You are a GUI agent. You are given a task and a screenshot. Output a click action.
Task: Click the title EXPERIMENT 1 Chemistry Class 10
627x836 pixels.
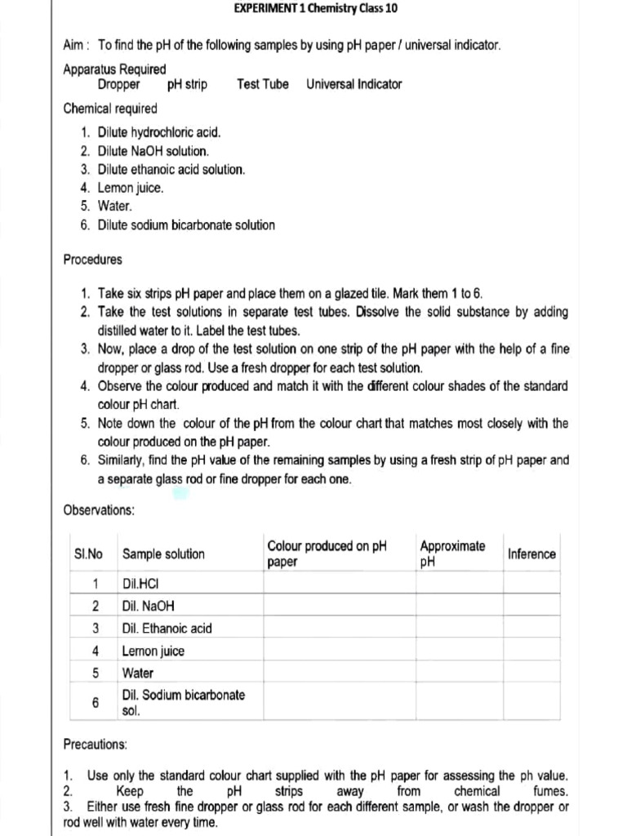[x=316, y=9]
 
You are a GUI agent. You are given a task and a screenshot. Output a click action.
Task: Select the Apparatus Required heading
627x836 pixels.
[x=114, y=69]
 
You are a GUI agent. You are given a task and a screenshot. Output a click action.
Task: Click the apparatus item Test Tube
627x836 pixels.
[x=262, y=84]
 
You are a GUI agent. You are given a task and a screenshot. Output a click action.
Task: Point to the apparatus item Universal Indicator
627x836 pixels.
[x=354, y=84]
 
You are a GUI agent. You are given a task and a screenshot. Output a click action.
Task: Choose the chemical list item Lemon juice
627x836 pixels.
[x=131, y=188]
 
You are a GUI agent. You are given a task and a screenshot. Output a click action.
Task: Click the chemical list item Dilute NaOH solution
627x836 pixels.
[x=153, y=151]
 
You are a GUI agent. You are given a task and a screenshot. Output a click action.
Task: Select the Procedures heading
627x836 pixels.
[x=92, y=260]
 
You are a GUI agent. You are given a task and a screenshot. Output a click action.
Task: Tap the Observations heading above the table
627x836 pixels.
[x=99, y=510]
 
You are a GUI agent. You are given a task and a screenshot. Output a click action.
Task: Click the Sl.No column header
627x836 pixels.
[x=89, y=554]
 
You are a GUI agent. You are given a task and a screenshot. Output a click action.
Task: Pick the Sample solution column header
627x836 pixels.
[x=163, y=554]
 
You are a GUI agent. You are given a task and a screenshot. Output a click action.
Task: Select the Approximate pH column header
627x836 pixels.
[x=452, y=554]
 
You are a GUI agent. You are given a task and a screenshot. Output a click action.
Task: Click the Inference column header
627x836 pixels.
[x=531, y=554]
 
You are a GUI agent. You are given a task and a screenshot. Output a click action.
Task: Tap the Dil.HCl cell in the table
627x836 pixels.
[x=141, y=584]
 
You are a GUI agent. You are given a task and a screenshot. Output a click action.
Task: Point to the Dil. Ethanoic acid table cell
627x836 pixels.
[x=167, y=628]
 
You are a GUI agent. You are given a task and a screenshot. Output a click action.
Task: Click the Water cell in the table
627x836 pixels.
[x=137, y=674]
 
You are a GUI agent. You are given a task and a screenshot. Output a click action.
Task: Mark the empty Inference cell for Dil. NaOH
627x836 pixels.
[x=531, y=606]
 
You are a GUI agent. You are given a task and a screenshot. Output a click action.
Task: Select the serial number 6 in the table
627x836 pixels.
[x=96, y=703]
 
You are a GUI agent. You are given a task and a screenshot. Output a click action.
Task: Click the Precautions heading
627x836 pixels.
[x=95, y=745]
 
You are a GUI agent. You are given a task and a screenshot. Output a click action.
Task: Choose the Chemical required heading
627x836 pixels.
[x=110, y=109]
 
